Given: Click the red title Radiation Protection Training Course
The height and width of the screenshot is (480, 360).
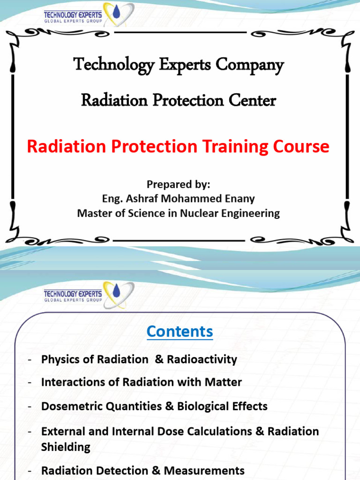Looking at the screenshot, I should point(178,147).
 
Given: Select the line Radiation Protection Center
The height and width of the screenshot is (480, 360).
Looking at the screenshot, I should point(179,100).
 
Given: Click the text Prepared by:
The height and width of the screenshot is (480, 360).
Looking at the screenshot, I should point(178,184).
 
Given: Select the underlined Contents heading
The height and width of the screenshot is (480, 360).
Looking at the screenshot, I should point(180,331).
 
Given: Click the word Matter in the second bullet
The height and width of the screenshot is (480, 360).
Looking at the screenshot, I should point(226,382).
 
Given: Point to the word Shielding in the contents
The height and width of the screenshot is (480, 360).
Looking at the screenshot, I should point(66,447).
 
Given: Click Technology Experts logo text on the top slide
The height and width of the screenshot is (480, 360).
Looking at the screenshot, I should point(72,14).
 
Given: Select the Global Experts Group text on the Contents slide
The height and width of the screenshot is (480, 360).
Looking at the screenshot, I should point(72,300).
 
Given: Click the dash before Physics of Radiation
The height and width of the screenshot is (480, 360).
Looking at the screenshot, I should point(30,360).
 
